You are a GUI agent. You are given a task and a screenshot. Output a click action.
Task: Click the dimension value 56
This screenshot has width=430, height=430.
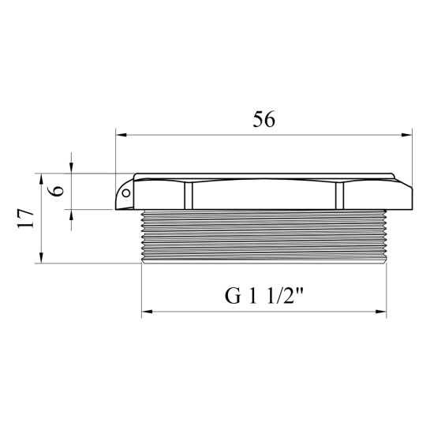(x=264, y=120)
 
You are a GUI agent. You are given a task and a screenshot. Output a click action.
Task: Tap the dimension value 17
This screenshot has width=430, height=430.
(x=25, y=219)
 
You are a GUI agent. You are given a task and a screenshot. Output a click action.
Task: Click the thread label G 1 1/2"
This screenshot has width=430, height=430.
(x=264, y=296)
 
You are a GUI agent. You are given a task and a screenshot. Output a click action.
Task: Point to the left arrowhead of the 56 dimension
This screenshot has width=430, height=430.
(x=121, y=135)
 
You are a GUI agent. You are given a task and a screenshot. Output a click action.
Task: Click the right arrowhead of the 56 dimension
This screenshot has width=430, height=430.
(x=406, y=135)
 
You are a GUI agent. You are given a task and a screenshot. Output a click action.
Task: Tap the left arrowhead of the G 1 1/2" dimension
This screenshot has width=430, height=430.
(x=147, y=312)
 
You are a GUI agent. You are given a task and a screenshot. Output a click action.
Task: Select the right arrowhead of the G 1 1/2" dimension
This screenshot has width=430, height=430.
(x=381, y=312)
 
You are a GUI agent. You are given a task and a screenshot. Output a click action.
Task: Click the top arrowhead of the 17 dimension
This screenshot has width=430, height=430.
(x=41, y=179)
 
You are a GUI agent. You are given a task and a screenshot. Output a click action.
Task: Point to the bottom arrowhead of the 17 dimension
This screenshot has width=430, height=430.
(x=41, y=258)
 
